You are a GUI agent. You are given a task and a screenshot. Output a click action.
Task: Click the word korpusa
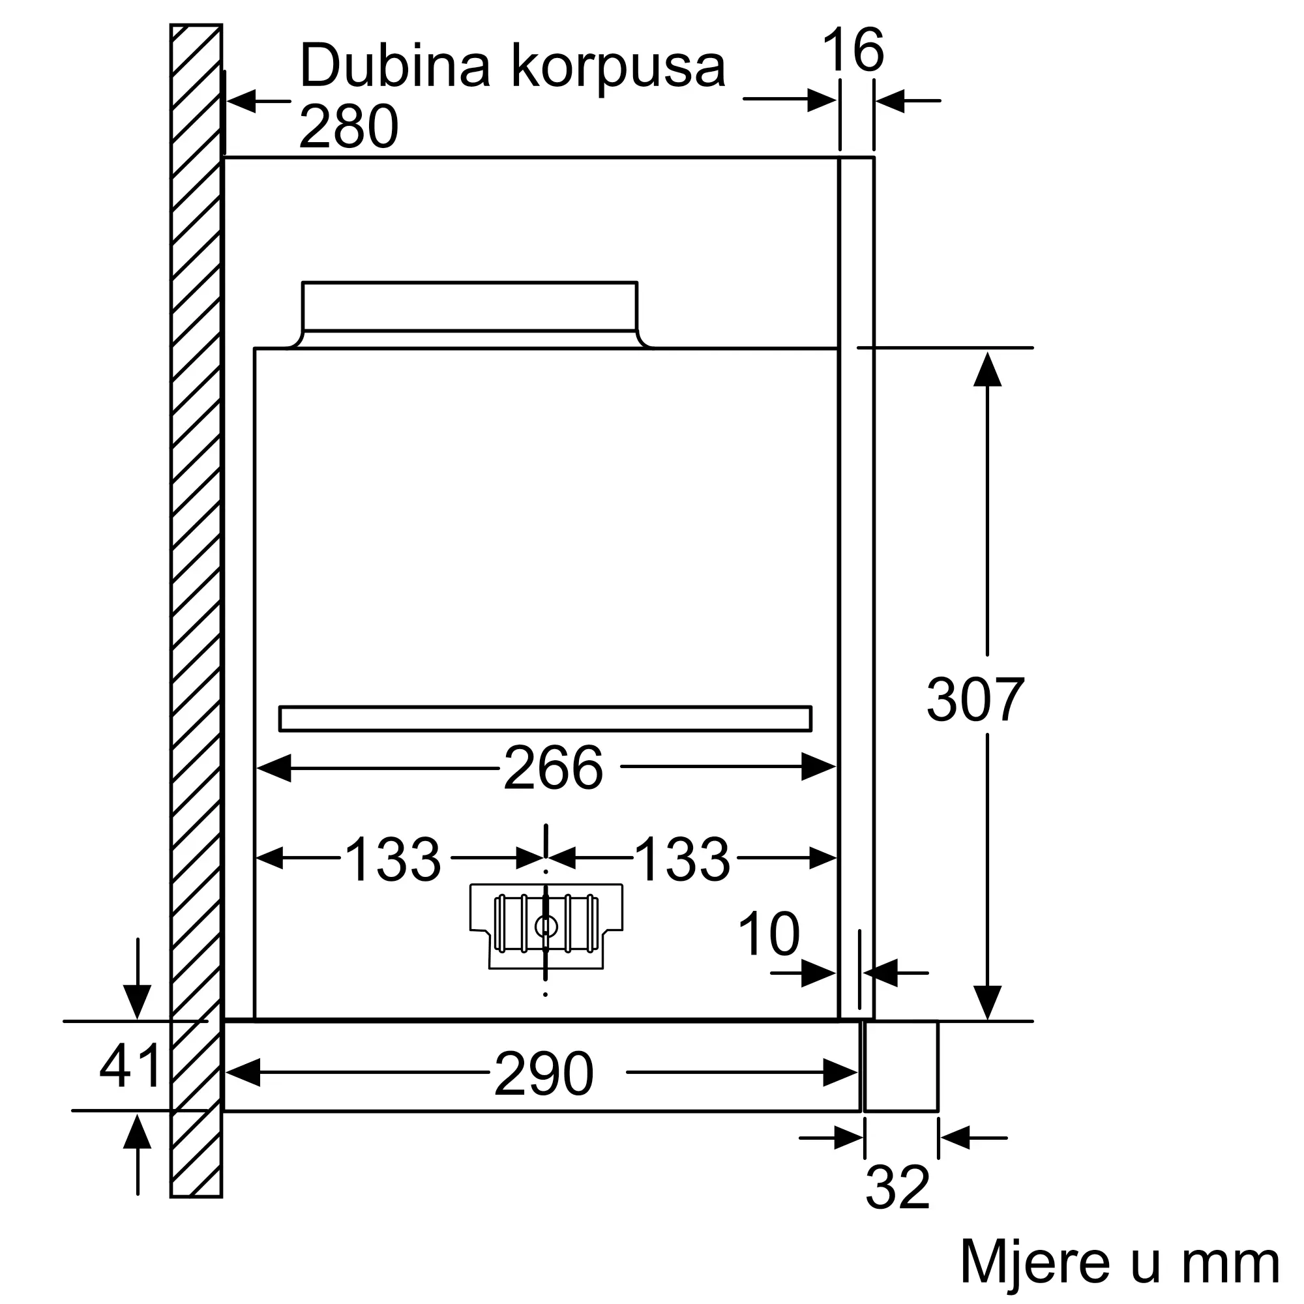[618, 70]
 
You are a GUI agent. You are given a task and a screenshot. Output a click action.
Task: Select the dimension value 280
[349, 126]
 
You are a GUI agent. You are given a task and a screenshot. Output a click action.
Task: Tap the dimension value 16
[853, 50]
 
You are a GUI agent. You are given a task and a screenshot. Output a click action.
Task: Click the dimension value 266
[553, 768]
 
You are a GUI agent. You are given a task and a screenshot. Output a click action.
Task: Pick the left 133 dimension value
[393, 859]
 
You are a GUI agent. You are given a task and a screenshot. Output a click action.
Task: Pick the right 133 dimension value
[683, 859]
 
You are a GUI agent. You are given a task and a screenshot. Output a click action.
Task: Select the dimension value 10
[769, 934]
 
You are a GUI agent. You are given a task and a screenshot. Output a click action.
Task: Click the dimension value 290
[543, 1074]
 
